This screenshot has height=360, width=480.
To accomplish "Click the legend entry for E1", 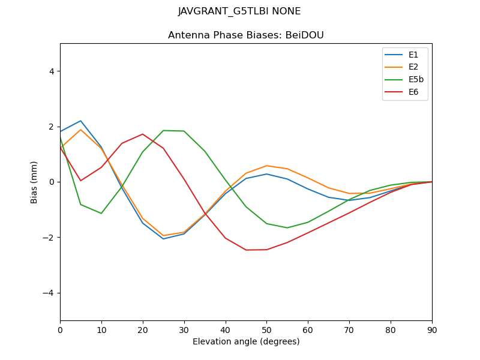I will tap(413, 55).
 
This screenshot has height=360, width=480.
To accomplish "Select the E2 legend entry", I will tap(413, 67).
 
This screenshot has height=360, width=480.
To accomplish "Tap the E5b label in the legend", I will tap(416, 80).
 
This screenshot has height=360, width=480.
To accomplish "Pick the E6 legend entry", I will tap(413, 92).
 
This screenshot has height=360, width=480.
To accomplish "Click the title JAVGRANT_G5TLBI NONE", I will tap(239, 11).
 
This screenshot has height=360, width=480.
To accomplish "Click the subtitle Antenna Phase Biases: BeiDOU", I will tap(245, 35).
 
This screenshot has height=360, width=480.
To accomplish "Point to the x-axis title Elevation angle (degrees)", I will tap(245, 342).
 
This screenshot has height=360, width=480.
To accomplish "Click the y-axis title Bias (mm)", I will tap(34, 182).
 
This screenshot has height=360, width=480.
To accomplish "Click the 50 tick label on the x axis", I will tap(266, 329).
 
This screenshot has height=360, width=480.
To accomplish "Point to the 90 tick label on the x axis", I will tap(432, 329).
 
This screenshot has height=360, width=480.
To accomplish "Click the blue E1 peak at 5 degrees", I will tap(80, 121).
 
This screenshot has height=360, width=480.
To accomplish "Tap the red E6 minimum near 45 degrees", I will tap(246, 250).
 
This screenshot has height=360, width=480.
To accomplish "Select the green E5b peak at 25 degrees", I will tap(163, 130).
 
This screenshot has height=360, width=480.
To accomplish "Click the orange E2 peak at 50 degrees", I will tap(266, 166).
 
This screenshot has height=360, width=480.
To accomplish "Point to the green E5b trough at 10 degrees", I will tap(101, 213).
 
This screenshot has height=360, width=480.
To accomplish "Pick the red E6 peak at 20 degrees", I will tap(143, 134).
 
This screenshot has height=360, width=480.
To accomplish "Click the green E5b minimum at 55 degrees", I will tap(287, 228).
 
